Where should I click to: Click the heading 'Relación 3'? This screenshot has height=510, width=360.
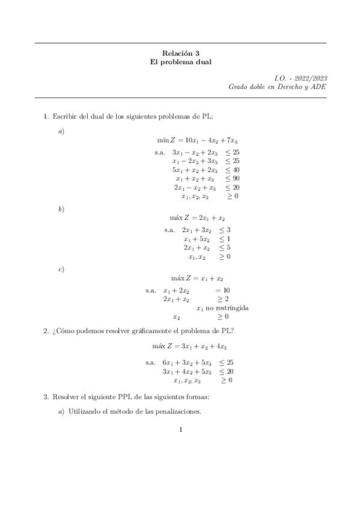pyautogui.click(x=180, y=53)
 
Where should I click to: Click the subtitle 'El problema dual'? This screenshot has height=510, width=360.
pyautogui.click(x=180, y=62)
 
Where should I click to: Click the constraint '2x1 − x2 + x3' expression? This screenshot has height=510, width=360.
pyautogui.click(x=194, y=187)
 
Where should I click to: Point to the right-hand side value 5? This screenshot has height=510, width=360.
pyautogui.click(x=228, y=248)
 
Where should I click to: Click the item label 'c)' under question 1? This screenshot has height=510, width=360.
pyautogui.click(x=61, y=269)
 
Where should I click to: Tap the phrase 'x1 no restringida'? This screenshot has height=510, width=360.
pyautogui.click(x=222, y=308)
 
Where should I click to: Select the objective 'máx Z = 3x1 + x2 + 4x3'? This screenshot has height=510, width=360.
pyautogui.click(x=198, y=346)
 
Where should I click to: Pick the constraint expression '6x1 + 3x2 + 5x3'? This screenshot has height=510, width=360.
pyautogui.click(x=188, y=363)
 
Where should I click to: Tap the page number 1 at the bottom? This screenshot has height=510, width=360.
pyautogui.click(x=180, y=429)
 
